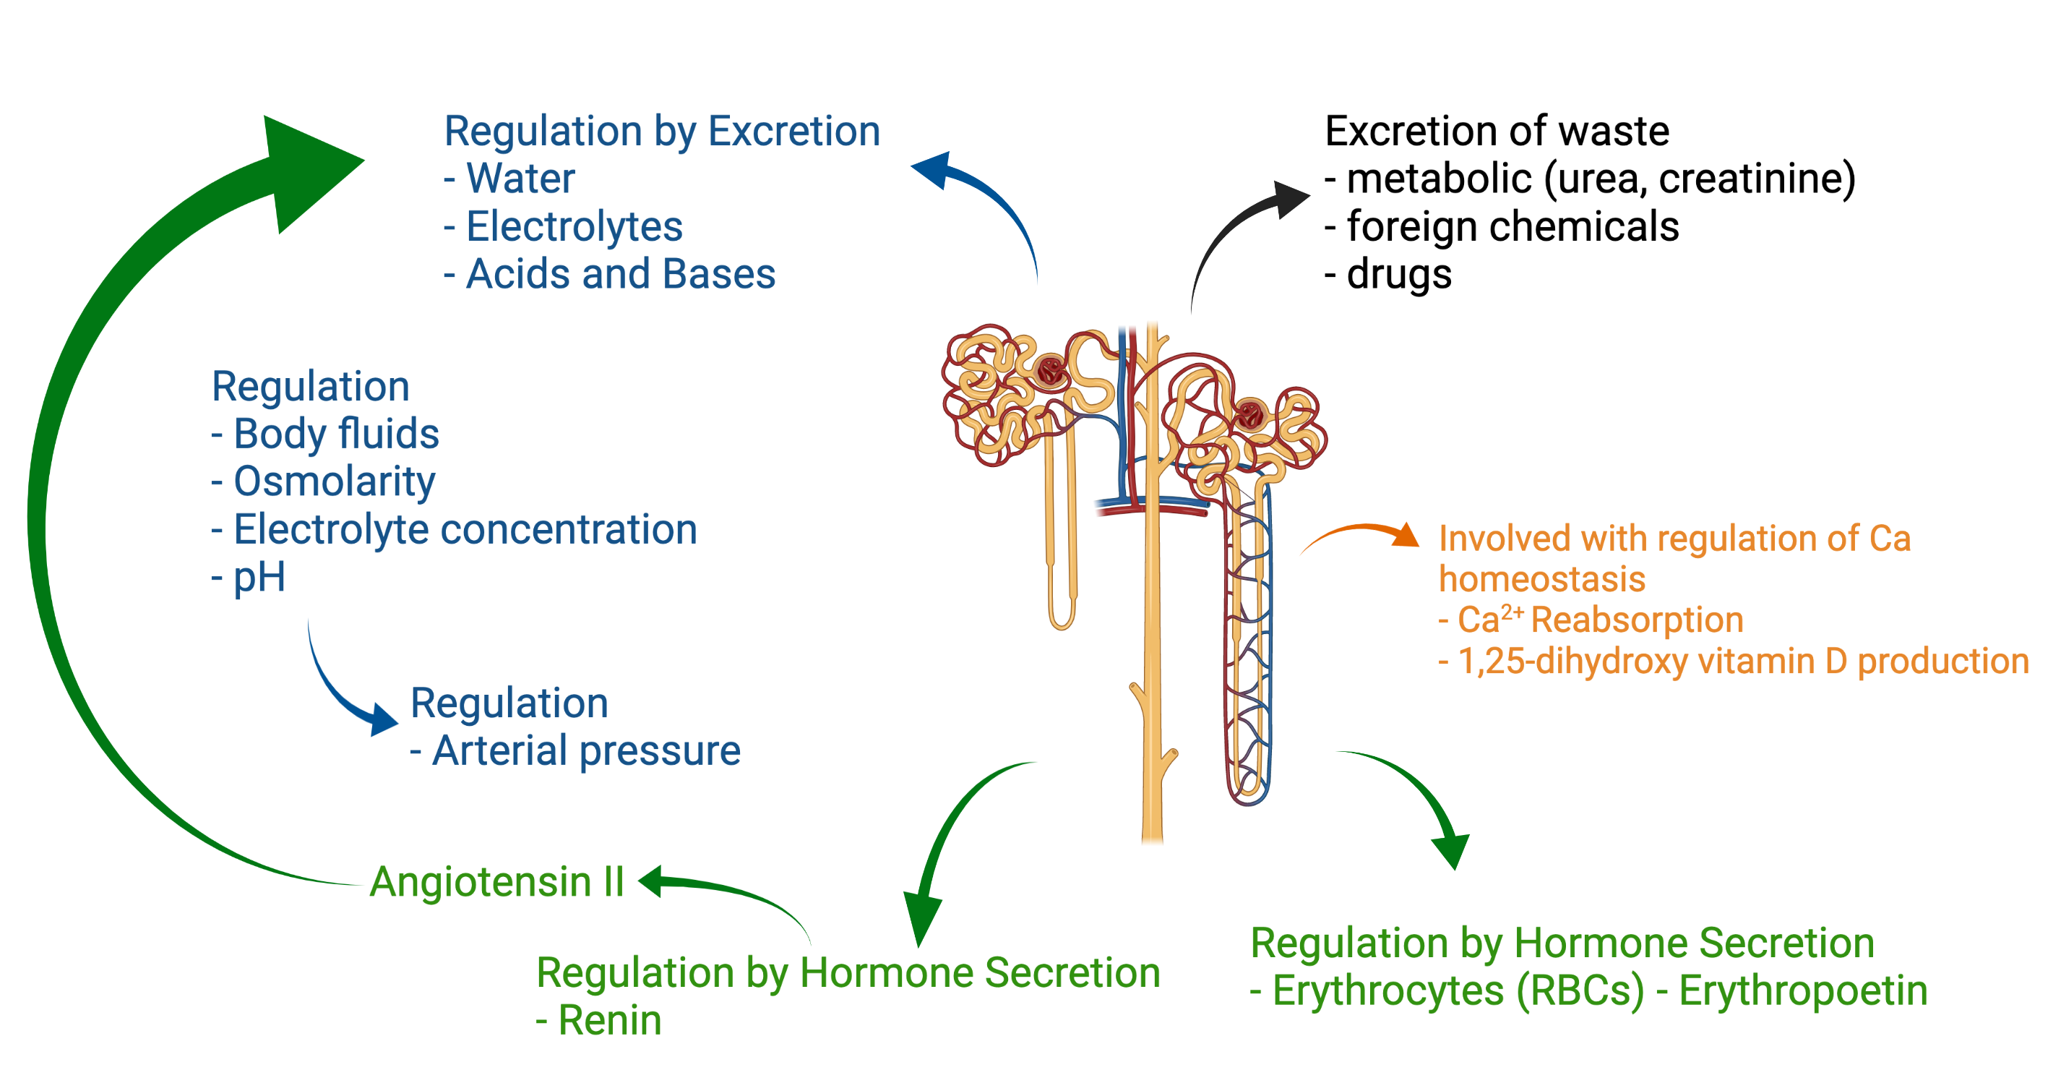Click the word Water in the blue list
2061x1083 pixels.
tap(521, 179)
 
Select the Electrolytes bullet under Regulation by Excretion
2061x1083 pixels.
tap(575, 226)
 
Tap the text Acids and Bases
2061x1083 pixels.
tap(621, 275)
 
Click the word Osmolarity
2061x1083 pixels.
tap(335, 483)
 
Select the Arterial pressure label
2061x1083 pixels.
tap(587, 752)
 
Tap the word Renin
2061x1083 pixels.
tap(610, 1021)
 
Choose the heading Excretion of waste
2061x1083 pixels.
tap(1497, 132)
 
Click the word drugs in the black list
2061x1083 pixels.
tap(1399, 275)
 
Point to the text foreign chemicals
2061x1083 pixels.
tap(1513, 226)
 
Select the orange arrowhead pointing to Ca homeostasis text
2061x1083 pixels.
tap(1405, 535)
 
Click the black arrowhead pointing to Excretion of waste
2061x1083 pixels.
tap(1290, 199)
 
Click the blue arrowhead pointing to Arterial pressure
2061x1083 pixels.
tap(382, 718)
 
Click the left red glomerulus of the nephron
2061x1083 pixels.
tap(1051, 372)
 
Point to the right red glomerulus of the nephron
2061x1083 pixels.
tap(1249, 416)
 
